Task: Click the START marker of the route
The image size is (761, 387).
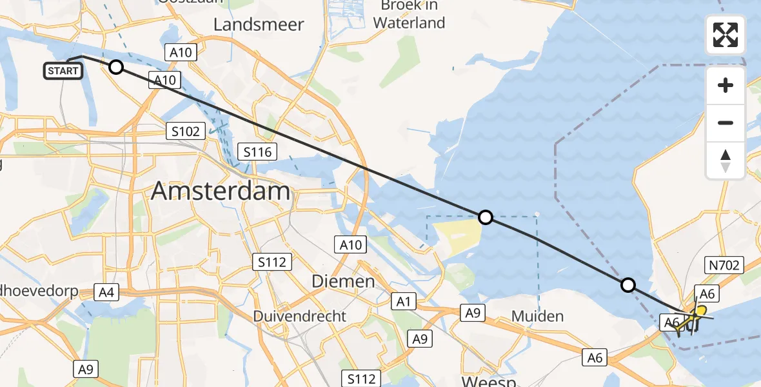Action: (63, 71)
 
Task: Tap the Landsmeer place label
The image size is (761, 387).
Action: (258, 25)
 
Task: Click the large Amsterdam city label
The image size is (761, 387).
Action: (221, 192)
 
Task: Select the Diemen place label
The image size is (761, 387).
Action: (343, 281)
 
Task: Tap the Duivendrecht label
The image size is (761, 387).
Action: (299, 317)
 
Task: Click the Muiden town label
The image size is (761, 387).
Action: (537, 316)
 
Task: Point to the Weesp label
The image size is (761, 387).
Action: (489, 381)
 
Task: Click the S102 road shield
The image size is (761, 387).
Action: (185, 132)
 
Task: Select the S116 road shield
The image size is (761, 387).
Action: (258, 152)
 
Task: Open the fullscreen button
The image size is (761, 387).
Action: (726, 35)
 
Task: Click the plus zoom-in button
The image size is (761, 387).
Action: (726, 85)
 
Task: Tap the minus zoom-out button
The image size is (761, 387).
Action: (726, 123)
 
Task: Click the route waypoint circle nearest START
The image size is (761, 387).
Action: (115, 66)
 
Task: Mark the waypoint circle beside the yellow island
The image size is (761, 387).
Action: (486, 217)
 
